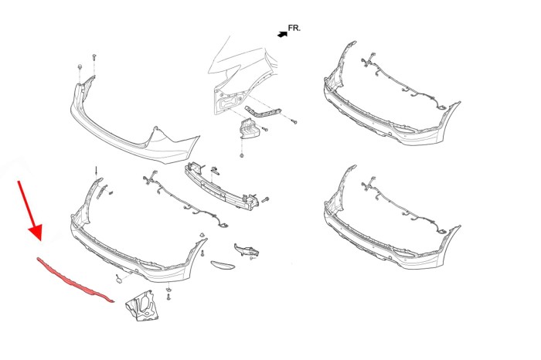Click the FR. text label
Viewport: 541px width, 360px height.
click(294, 28)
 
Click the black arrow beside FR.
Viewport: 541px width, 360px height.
click(283, 34)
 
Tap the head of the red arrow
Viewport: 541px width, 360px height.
click(36, 232)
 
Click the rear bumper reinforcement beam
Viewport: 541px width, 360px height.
click(222, 186)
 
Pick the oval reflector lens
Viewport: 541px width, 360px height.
click(223, 264)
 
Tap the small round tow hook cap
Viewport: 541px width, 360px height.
click(119, 280)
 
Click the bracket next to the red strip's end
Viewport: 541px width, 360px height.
click(141, 305)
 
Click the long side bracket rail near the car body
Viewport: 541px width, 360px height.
click(263, 113)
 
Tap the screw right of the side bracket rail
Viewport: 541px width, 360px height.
click(294, 122)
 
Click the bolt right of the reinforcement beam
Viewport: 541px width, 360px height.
click(265, 199)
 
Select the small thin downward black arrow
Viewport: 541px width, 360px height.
click(97, 172)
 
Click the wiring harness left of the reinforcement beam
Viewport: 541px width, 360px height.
click(185, 199)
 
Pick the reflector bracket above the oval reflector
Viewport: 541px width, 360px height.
click(247, 250)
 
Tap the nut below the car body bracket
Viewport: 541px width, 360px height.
click(241, 155)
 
